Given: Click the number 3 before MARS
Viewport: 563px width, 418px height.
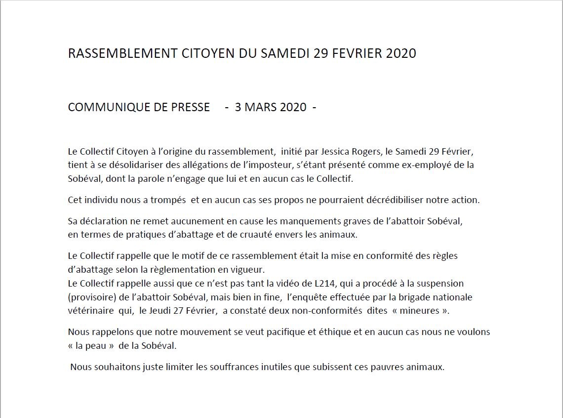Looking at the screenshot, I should coord(238,107).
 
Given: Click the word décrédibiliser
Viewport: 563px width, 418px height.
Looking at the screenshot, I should coord(373,200).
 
